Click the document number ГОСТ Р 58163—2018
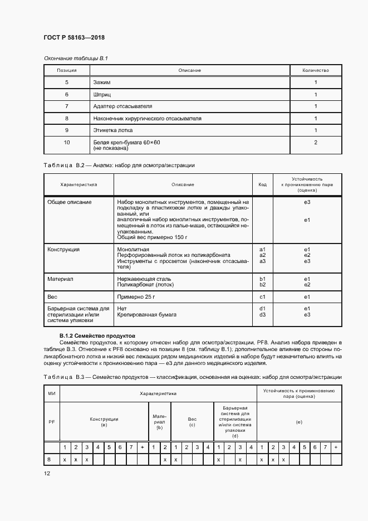point(74,37)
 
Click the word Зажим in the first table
point(103,82)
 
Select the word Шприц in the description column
point(103,95)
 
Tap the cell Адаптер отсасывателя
point(122,106)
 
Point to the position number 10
point(66,143)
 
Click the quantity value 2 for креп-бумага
point(315,143)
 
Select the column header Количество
point(315,70)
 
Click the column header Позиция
point(66,70)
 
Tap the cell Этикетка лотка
point(113,130)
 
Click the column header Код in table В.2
point(263,184)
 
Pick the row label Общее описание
point(69,202)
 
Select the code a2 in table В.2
point(263,255)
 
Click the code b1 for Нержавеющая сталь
point(263,279)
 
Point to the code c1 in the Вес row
point(263,296)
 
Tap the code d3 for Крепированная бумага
point(263,314)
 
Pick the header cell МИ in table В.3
point(51,395)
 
